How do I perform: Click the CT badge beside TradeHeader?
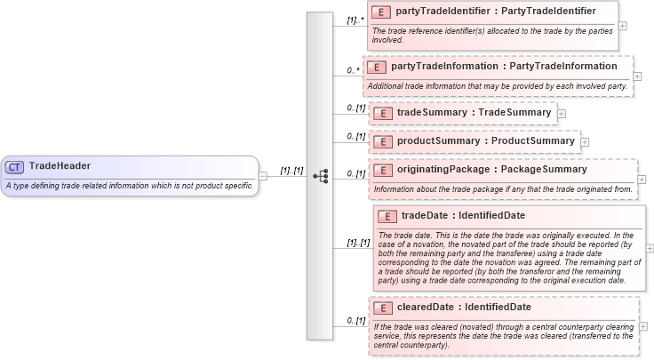(14, 166)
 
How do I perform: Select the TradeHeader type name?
(60, 166)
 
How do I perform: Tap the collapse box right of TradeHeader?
(262, 176)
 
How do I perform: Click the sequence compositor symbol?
(320, 176)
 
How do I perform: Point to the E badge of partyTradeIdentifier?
(381, 12)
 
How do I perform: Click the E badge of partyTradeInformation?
(377, 67)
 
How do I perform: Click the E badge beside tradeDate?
(387, 216)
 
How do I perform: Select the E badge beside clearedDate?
(383, 308)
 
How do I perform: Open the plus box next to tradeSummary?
(562, 114)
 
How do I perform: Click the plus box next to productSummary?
(585, 141)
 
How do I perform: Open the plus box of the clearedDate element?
(643, 326)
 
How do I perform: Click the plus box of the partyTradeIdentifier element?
(623, 25)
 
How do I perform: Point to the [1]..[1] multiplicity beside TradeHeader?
(292, 170)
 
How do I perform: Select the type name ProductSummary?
(535, 140)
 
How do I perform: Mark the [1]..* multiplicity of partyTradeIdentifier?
(355, 19)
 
